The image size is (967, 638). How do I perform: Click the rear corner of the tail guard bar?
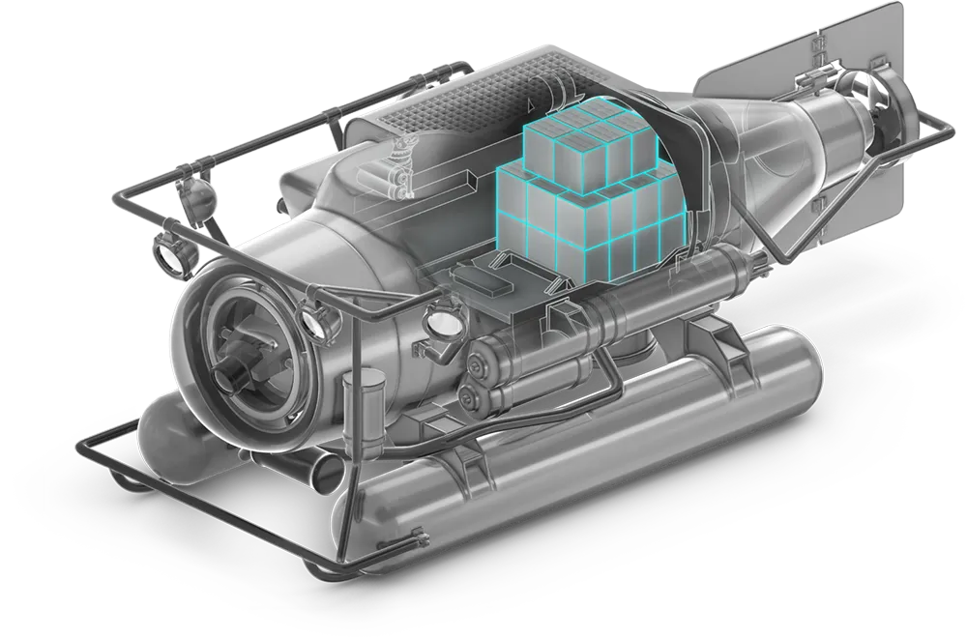[943, 130]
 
